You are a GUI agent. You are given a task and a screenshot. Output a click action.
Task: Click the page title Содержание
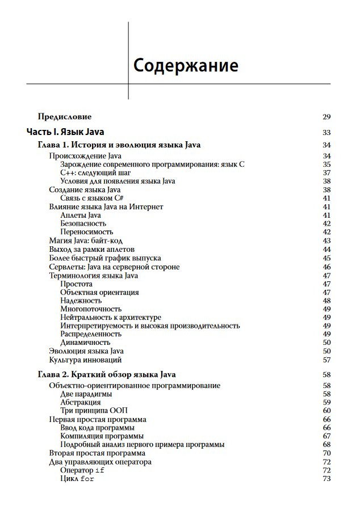pyautogui.click(x=186, y=65)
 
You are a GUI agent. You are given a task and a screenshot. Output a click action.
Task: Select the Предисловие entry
pyautogui.click(x=64, y=117)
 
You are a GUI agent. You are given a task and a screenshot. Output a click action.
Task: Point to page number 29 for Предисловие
pyautogui.click(x=326, y=117)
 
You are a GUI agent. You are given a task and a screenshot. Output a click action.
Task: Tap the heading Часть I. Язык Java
pyautogui.click(x=65, y=132)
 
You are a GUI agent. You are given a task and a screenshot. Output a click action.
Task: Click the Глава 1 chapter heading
pyautogui.click(x=119, y=145)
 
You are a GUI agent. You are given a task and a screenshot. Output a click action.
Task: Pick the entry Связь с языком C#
pyautogui.click(x=92, y=199)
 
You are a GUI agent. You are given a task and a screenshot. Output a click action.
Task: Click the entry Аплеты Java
pyautogui.click(x=81, y=215)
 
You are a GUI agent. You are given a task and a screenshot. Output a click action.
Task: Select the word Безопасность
pyautogui.click(x=83, y=224)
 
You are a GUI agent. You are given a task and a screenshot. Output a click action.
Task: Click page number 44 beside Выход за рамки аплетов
pyautogui.click(x=326, y=249)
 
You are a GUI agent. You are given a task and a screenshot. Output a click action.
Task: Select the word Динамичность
pyautogui.click(x=85, y=343)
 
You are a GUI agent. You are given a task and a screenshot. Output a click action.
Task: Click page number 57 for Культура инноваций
pyautogui.click(x=326, y=360)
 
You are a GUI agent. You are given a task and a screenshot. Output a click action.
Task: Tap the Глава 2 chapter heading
pyautogui.click(x=107, y=374)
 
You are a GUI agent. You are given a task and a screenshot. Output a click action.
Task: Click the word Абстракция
pyautogui.click(x=81, y=402)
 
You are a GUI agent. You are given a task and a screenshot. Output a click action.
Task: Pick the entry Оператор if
pyautogui.click(x=82, y=470)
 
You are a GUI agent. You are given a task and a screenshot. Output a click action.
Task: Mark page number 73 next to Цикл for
pyautogui.click(x=326, y=479)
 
